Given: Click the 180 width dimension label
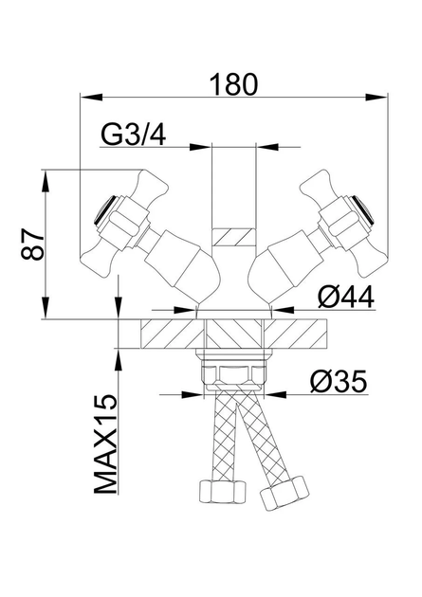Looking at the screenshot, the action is coord(234,84).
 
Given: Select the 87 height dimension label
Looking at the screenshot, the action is coord(33,244).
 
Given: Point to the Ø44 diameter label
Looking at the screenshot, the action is coord(346,297).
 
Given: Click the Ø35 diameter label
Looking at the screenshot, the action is coord(339,381).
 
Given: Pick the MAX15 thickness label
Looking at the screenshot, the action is coord(105,443).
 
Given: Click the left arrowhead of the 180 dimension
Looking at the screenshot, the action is coord(92,97).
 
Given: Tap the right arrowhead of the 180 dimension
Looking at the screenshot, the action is coord(376,97).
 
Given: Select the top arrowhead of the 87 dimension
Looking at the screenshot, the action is coord(46,183).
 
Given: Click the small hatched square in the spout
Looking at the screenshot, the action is coord(233,237).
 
